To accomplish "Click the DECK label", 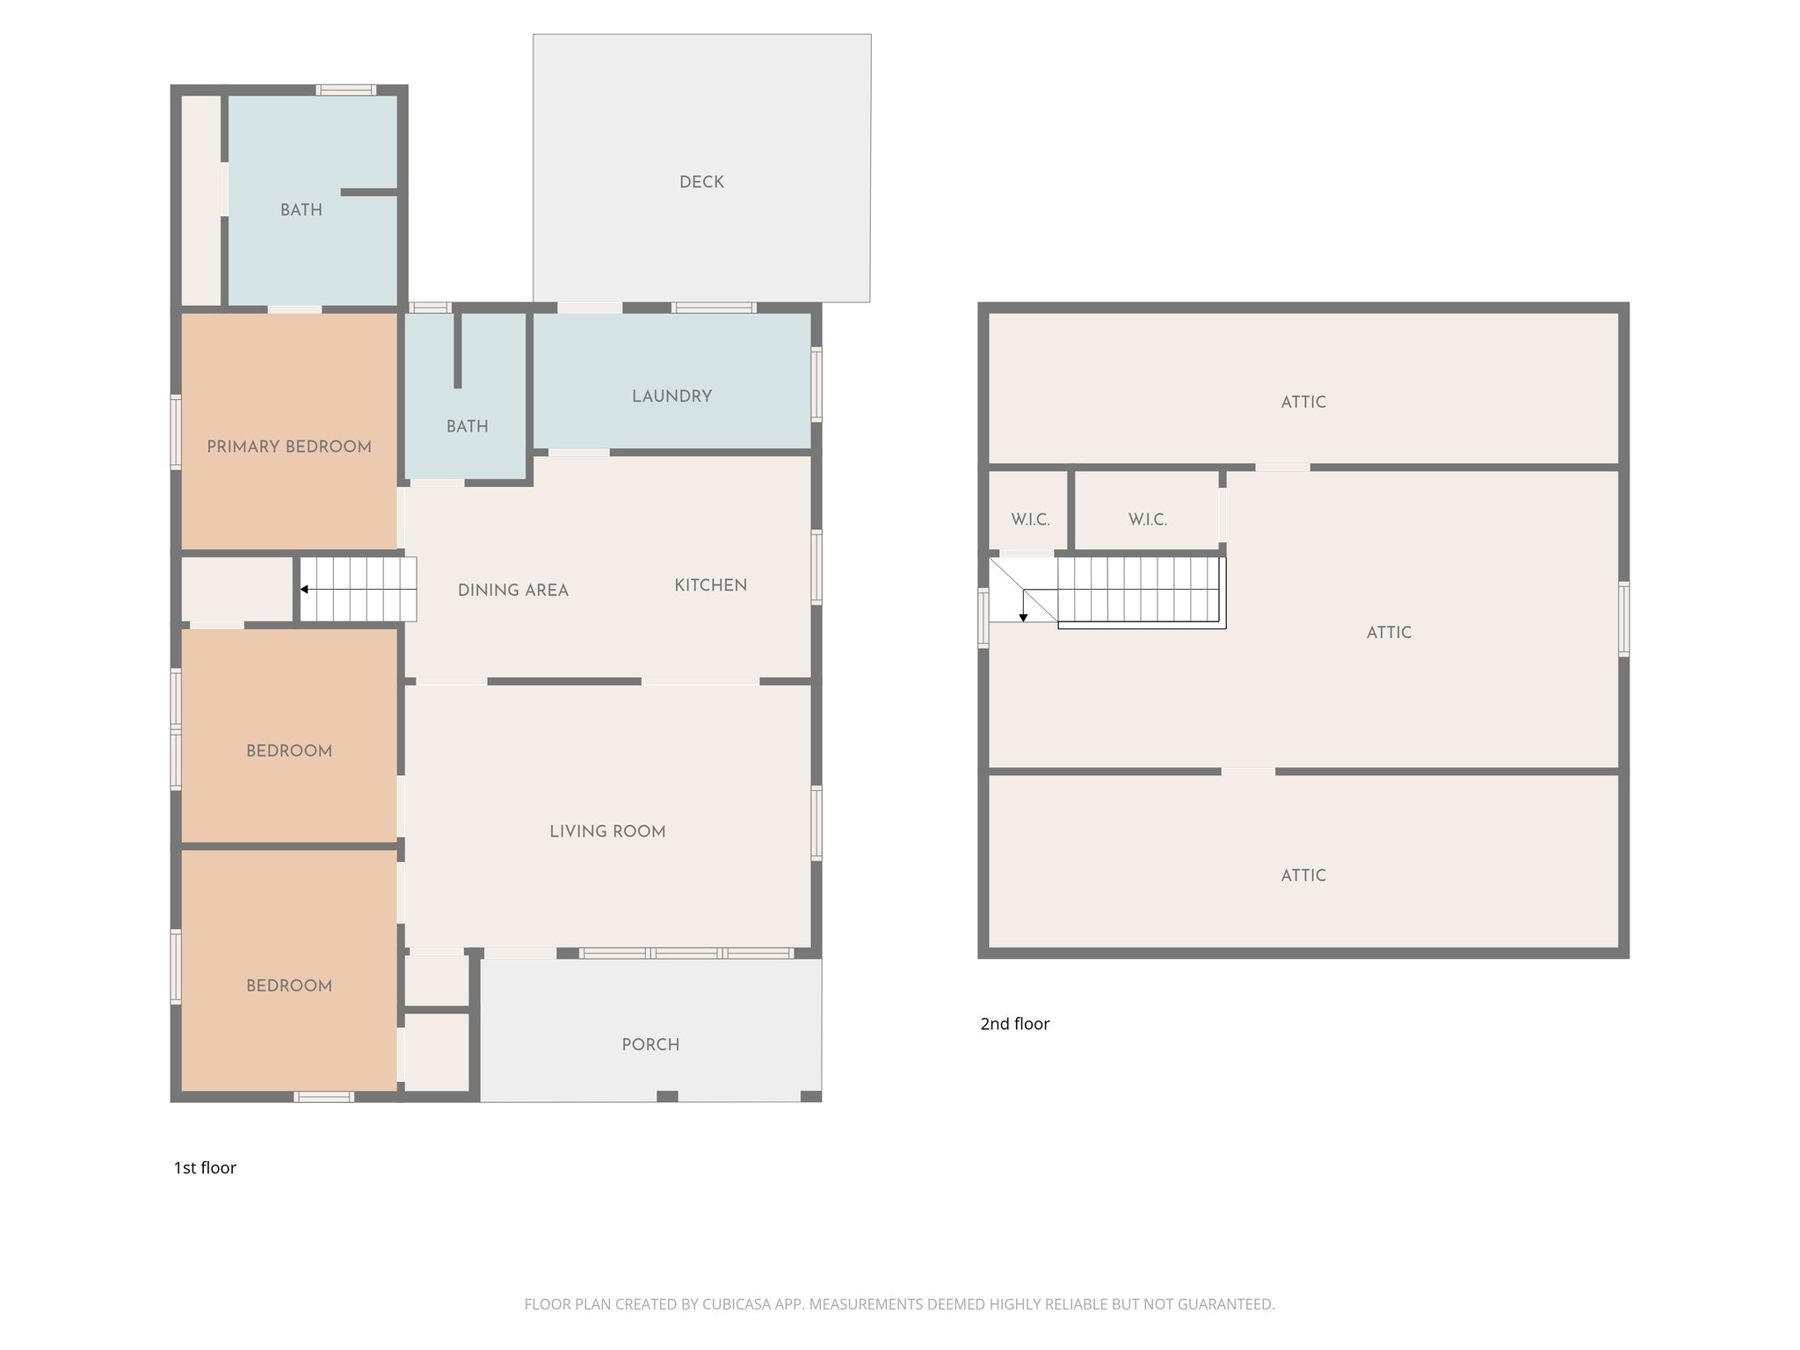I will tap(701, 182).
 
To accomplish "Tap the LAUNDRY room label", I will tap(671, 396).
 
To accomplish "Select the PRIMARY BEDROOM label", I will tap(288, 446).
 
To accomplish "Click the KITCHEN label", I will tap(710, 585).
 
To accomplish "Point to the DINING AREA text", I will tap(512, 591).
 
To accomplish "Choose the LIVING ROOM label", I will tap(607, 831).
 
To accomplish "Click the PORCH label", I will tap(650, 1045).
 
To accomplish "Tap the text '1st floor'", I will tap(205, 1168).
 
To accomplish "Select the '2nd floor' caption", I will tap(1014, 1024).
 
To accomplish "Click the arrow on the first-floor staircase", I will tap(304, 590).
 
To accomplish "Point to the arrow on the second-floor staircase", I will tap(1023, 617).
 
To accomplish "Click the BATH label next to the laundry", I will tap(467, 426).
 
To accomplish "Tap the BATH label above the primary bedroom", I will tap(301, 210).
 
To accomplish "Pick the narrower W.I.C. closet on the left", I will tap(1030, 519).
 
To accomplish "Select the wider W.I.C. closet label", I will tap(1147, 519).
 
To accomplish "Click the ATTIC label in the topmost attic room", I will tap(1303, 403).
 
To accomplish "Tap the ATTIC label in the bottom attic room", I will tap(1303, 875).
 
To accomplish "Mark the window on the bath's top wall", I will tap(346, 90).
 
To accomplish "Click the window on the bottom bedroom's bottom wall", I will tap(323, 1096).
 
